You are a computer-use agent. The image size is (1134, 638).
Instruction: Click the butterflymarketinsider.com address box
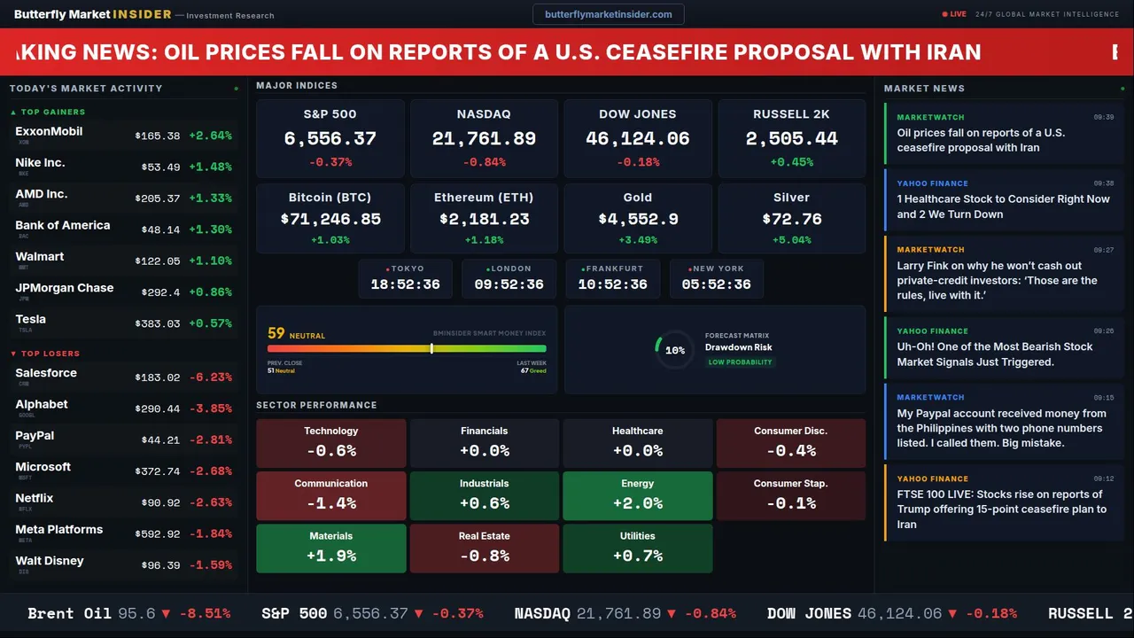click(608, 14)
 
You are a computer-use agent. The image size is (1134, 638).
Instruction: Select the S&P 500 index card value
click(330, 139)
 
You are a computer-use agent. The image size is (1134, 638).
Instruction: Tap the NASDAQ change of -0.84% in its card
click(484, 162)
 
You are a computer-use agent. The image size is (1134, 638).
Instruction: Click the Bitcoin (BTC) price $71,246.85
click(330, 219)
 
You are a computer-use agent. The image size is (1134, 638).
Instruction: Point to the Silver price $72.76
click(791, 219)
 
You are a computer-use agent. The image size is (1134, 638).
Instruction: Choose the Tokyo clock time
click(405, 284)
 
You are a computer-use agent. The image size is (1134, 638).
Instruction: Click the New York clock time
click(716, 284)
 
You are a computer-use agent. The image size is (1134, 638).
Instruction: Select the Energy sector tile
click(637, 495)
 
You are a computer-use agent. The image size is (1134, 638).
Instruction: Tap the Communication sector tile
click(330, 495)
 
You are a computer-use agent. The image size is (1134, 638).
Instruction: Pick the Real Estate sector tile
click(484, 548)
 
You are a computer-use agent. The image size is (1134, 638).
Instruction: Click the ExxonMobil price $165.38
click(158, 136)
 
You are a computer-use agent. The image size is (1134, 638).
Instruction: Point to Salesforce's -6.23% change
click(210, 377)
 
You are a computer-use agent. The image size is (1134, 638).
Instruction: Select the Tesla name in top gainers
click(31, 319)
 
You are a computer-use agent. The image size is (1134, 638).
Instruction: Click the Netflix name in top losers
click(35, 498)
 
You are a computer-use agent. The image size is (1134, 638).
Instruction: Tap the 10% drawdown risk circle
click(674, 350)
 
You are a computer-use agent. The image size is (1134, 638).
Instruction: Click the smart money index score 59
click(276, 333)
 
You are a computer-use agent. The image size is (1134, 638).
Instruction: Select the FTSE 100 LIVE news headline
click(1001, 509)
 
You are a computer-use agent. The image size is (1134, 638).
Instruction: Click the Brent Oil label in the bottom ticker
click(69, 613)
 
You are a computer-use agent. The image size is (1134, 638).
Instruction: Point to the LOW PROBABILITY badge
click(740, 362)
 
